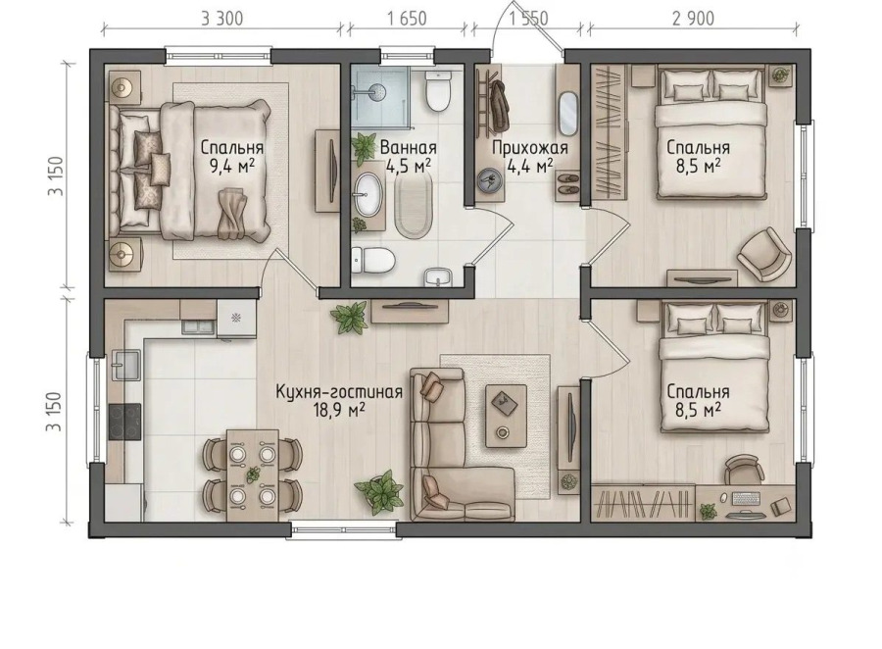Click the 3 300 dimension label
click(222, 19)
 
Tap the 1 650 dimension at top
click(407, 19)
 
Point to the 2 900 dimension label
click(693, 19)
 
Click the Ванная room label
click(409, 148)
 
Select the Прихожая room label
click(530, 148)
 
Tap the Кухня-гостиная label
click(339, 392)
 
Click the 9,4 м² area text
click(232, 166)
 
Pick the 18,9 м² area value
click(339, 410)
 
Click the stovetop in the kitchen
click(124, 422)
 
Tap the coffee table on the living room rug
click(507, 416)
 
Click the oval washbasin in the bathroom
click(367, 195)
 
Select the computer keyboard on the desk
click(747, 498)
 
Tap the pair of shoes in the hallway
click(567, 184)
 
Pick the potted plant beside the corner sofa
click(379, 491)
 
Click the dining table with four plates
click(253, 474)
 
